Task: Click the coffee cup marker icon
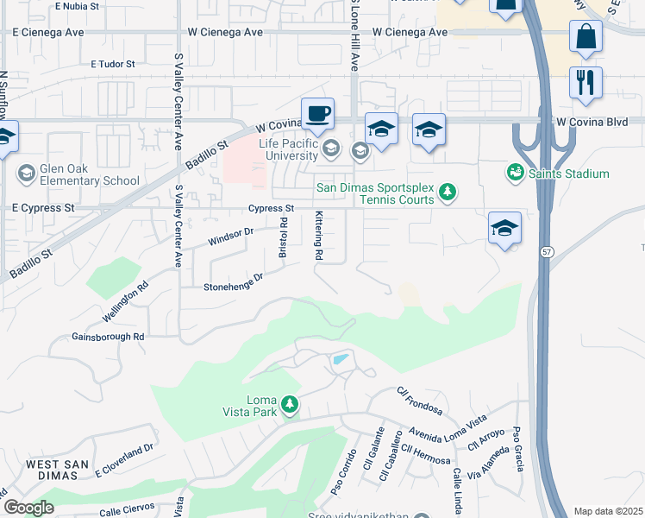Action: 317,113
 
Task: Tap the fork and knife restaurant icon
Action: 586,83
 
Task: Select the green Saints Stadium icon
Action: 516,174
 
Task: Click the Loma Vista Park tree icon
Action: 291,404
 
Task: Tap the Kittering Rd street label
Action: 318,236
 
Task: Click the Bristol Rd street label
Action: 282,236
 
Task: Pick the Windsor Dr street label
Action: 230,237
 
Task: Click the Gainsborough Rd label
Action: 108,336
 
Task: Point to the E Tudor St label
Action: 113,64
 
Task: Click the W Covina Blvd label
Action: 591,123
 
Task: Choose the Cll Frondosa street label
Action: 419,401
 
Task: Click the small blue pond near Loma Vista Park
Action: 341,359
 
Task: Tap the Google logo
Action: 28,508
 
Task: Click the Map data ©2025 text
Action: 607,511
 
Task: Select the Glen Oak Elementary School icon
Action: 26,174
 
